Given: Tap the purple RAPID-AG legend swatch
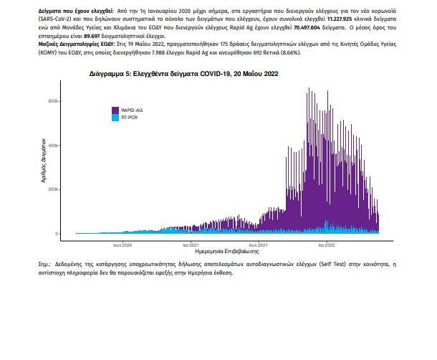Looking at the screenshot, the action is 115,110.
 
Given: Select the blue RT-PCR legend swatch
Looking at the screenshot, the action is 115,118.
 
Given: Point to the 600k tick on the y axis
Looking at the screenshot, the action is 53,101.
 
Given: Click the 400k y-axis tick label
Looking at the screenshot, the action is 53,146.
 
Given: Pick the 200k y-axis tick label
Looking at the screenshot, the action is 53,189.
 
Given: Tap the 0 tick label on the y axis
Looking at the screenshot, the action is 57,234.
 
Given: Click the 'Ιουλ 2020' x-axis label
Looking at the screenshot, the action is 123,245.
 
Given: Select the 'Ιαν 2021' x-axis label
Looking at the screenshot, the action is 191,245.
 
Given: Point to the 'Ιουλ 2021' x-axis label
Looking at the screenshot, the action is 258,245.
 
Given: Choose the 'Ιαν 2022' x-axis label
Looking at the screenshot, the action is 327,245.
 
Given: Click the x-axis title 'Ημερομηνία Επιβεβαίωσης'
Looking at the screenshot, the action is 227,252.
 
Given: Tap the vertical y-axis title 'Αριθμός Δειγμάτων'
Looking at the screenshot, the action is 43,161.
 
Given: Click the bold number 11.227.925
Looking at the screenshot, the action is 340,19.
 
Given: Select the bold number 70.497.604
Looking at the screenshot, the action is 307,27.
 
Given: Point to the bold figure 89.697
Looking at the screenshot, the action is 92,36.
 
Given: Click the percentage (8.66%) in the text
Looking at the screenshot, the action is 291,52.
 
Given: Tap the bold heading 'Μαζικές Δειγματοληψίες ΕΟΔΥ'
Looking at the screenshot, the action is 76,44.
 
